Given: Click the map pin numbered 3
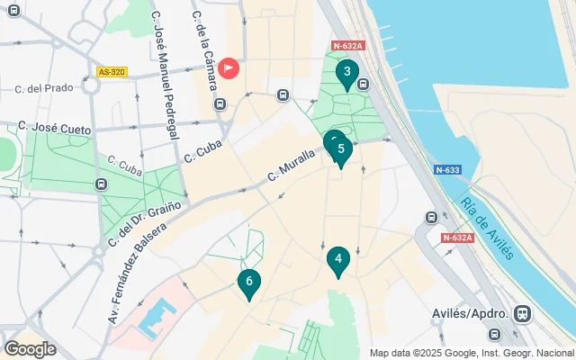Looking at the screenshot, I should (x=346, y=73).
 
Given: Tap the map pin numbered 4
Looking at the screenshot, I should (x=337, y=261).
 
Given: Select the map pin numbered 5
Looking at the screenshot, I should (x=340, y=150).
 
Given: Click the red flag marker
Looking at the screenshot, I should (x=229, y=67).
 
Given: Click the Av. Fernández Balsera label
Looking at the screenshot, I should (x=130, y=264).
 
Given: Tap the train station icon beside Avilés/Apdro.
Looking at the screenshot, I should (x=521, y=313).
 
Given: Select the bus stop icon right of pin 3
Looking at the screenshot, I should (x=363, y=85).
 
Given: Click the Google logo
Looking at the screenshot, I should (x=30, y=348).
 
